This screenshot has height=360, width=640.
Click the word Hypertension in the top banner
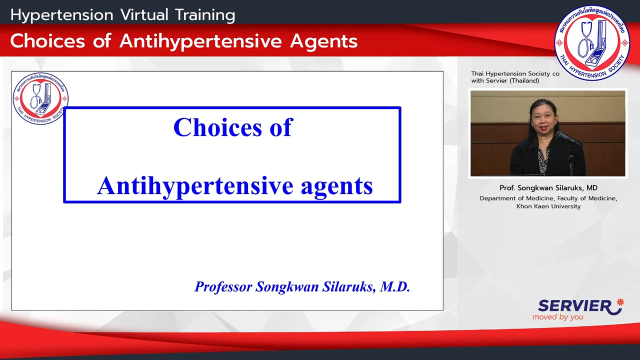(x=62, y=15)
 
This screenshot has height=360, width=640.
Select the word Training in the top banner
(x=205, y=15)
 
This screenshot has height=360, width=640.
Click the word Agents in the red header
(x=323, y=41)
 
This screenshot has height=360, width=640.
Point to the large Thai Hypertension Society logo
(x=592, y=43)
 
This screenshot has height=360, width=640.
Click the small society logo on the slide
(x=40, y=98)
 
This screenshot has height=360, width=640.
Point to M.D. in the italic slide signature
(x=395, y=286)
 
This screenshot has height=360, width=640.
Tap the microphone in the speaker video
(x=568, y=139)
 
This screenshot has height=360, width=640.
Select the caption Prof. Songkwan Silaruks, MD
(x=548, y=187)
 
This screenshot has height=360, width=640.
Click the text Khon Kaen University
(x=548, y=206)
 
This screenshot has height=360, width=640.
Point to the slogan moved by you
(x=557, y=317)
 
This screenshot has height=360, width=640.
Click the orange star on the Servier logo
(x=619, y=302)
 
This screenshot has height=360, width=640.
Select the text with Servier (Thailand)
(x=505, y=81)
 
